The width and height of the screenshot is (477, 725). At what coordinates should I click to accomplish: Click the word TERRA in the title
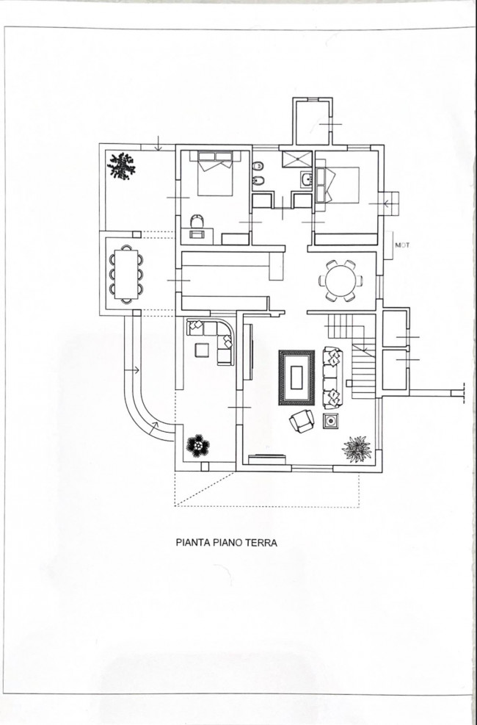click(x=260, y=544)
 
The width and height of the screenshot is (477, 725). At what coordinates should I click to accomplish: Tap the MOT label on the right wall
click(x=401, y=245)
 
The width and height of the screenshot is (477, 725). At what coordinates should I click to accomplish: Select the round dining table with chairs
click(x=340, y=280)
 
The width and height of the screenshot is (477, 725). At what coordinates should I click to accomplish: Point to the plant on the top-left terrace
click(x=121, y=166)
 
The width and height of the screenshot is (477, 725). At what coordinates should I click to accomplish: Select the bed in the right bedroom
click(x=338, y=184)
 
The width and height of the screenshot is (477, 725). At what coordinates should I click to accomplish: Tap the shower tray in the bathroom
click(x=297, y=159)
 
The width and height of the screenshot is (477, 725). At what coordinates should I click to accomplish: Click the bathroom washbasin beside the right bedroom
click(x=305, y=178)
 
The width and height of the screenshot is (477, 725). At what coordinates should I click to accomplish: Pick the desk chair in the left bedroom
click(x=196, y=220)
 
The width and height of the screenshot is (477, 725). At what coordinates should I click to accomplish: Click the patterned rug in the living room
click(x=296, y=377)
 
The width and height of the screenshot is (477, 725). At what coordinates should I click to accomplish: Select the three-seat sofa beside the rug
click(x=332, y=377)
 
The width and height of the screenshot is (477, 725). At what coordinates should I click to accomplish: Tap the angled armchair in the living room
click(x=301, y=422)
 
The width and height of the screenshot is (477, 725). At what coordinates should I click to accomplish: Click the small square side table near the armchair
click(x=330, y=420)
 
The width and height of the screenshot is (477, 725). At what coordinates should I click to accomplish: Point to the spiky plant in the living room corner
click(x=357, y=448)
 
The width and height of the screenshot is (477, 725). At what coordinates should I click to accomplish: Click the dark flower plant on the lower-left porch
click(x=196, y=445)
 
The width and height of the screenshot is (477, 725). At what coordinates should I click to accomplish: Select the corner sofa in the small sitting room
click(x=213, y=338)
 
